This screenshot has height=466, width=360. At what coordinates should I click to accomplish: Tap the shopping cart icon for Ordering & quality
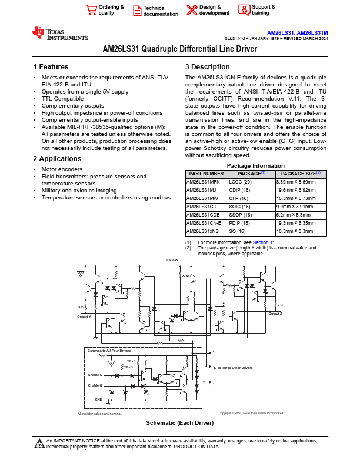(91, 10)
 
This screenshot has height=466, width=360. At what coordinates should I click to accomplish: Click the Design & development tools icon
(192, 10)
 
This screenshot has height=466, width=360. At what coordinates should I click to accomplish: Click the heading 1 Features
(51, 67)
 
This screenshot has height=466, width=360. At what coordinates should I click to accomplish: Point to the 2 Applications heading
(58, 159)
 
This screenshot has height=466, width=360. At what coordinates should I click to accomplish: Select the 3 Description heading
(208, 67)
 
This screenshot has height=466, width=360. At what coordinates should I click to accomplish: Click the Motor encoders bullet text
(62, 169)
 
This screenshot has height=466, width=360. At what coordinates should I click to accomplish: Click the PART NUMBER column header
(205, 174)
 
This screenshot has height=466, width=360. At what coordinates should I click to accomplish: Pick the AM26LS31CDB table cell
(202, 215)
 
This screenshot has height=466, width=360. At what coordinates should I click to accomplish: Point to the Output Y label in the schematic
(84, 317)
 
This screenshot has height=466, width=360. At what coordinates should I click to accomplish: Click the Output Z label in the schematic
(275, 314)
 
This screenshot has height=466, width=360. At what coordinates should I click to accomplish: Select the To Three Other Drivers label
(235, 368)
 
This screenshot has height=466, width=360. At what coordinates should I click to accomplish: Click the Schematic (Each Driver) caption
(179, 423)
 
